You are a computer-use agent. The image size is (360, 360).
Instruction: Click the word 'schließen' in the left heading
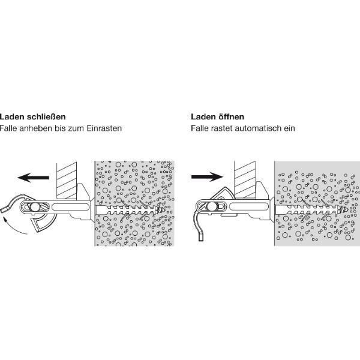point(46,116)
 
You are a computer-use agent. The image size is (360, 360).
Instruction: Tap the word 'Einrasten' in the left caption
point(104,128)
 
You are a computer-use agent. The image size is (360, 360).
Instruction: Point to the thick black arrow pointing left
point(33,178)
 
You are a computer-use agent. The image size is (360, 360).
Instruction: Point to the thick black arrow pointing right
point(207,176)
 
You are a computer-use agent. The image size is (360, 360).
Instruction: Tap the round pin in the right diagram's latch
point(211,207)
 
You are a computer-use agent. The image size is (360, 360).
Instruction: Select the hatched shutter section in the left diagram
point(67,181)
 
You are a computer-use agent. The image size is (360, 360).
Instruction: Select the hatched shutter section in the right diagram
point(245,180)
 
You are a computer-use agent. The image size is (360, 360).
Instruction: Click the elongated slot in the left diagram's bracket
point(70,207)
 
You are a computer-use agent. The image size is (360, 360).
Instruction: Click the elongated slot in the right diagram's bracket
point(248,206)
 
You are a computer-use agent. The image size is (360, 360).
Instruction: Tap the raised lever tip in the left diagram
point(4,209)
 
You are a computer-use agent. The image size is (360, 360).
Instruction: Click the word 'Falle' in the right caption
point(199,128)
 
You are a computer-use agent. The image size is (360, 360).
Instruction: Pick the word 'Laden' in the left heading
point(12,116)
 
